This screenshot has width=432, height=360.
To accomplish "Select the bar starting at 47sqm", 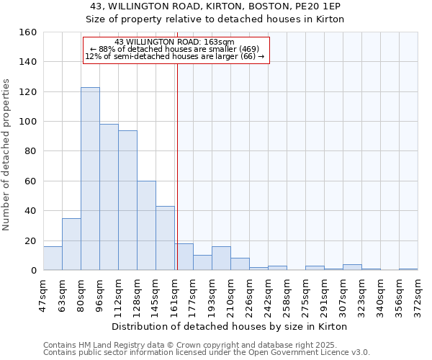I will point(53,258).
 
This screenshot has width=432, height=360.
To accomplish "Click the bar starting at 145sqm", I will point(165,238).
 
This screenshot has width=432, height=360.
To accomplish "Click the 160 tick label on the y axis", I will point(28,32).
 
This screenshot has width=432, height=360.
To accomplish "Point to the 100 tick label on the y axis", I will point(28,122).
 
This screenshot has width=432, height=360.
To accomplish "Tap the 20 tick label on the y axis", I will point(31,241).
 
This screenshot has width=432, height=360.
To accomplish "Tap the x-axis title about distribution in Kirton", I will point(230,326).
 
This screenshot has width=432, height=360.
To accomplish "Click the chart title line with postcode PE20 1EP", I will point(215,6).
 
